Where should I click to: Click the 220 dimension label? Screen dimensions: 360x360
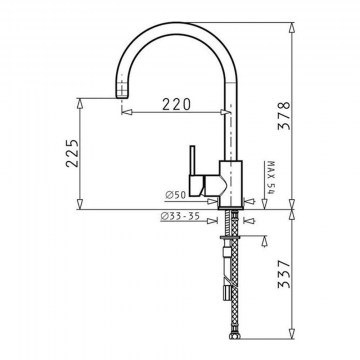point(177,104)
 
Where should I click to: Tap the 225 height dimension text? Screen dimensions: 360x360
point(72,153)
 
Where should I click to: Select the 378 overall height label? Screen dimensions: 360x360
point(284,115)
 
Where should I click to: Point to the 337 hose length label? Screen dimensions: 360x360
point(284,274)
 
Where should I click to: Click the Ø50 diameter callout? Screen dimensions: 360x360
point(175,195)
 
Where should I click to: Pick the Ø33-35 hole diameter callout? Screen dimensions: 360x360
point(180,216)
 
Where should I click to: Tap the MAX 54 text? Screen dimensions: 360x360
point(271,178)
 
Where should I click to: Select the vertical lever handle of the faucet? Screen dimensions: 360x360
point(192,161)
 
